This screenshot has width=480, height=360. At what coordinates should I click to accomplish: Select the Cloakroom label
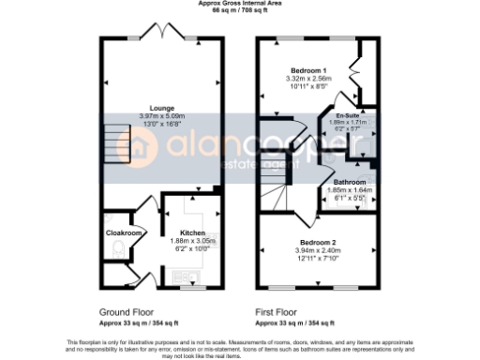click(x=123, y=232)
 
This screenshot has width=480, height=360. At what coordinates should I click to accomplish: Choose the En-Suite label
click(x=349, y=113)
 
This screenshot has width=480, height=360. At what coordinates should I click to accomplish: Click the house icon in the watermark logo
click(x=143, y=147)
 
